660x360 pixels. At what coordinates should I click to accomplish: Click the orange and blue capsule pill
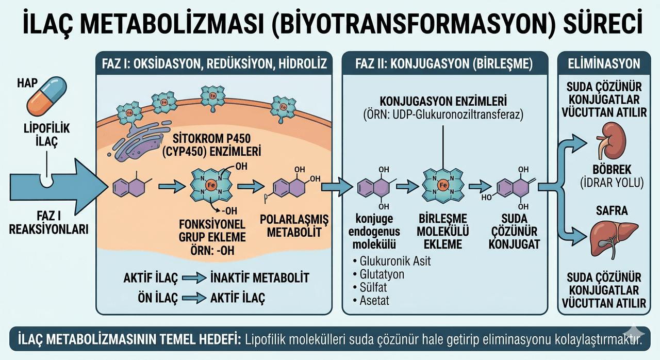[x=46, y=96]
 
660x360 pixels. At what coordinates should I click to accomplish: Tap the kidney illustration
[x=611, y=141]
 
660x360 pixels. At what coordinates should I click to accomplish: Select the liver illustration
[x=614, y=239]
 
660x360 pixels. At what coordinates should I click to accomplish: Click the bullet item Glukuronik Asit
[x=391, y=261]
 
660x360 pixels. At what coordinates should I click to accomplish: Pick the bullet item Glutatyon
[x=378, y=274]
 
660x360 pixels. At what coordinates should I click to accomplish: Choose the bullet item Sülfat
[x=370, y=287]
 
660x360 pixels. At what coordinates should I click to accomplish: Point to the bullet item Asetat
[x=371, y=301]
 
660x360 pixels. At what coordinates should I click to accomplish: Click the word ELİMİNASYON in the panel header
[x=604, y=63]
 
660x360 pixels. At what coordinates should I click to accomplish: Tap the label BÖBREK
[x=612, y=170]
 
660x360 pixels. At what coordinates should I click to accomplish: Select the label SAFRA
[x=612, y=210]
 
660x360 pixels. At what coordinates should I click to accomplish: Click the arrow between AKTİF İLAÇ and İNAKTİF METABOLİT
[x=194, y=278]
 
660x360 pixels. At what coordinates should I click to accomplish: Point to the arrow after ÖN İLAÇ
[x=194, y=298]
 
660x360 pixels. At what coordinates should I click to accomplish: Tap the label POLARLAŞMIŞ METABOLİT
[x=294, y=226]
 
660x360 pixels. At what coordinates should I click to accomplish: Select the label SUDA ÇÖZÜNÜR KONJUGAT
[x=514, y=231]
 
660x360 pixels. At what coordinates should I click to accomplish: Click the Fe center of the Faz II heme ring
[x=443, y=185]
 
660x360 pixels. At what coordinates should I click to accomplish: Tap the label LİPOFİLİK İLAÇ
[x=46, y=135]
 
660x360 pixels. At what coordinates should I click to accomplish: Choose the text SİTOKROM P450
[x=211, y=138]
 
